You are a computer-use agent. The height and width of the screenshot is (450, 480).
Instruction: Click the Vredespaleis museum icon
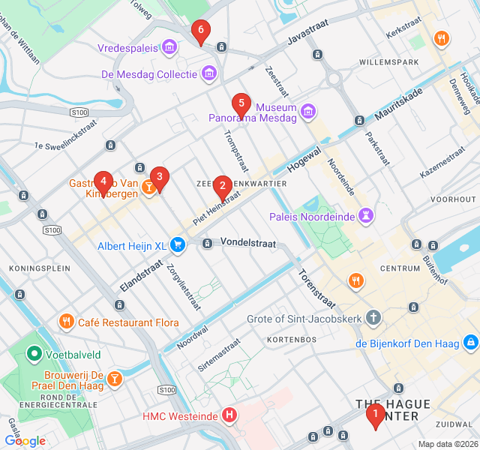[x=169, y=48]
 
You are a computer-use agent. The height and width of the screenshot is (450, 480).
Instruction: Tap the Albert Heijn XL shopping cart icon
[x=178, y=245]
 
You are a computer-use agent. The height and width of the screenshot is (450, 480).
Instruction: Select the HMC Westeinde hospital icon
[x=230, y=415]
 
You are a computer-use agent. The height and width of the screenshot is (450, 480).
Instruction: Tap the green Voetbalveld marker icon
[x=34, y=352]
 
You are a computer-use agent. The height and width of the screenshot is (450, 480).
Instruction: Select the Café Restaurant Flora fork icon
[x=67, y=322]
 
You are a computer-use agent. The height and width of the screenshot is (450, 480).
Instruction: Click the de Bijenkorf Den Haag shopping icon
[x=470, y=343]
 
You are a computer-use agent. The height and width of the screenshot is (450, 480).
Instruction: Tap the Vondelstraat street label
[x=248, y=242]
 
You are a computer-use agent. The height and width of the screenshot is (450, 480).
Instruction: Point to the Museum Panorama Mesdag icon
[x=307, y=112]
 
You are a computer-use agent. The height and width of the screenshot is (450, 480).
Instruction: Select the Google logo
[x=25, y=441]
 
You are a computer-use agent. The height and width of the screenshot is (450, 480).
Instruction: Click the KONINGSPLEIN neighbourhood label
[x=39, y=268]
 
